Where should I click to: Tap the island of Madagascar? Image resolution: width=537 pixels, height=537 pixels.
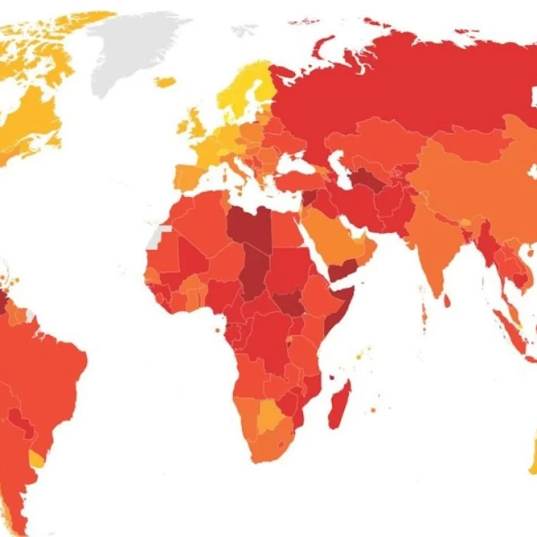tap(340, 404)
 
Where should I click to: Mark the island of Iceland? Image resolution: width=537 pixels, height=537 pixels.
tap(166, 82)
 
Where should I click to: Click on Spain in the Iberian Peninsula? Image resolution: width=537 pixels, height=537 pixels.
tap(190, 177)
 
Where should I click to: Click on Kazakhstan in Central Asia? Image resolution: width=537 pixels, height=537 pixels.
tap(376, 144)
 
